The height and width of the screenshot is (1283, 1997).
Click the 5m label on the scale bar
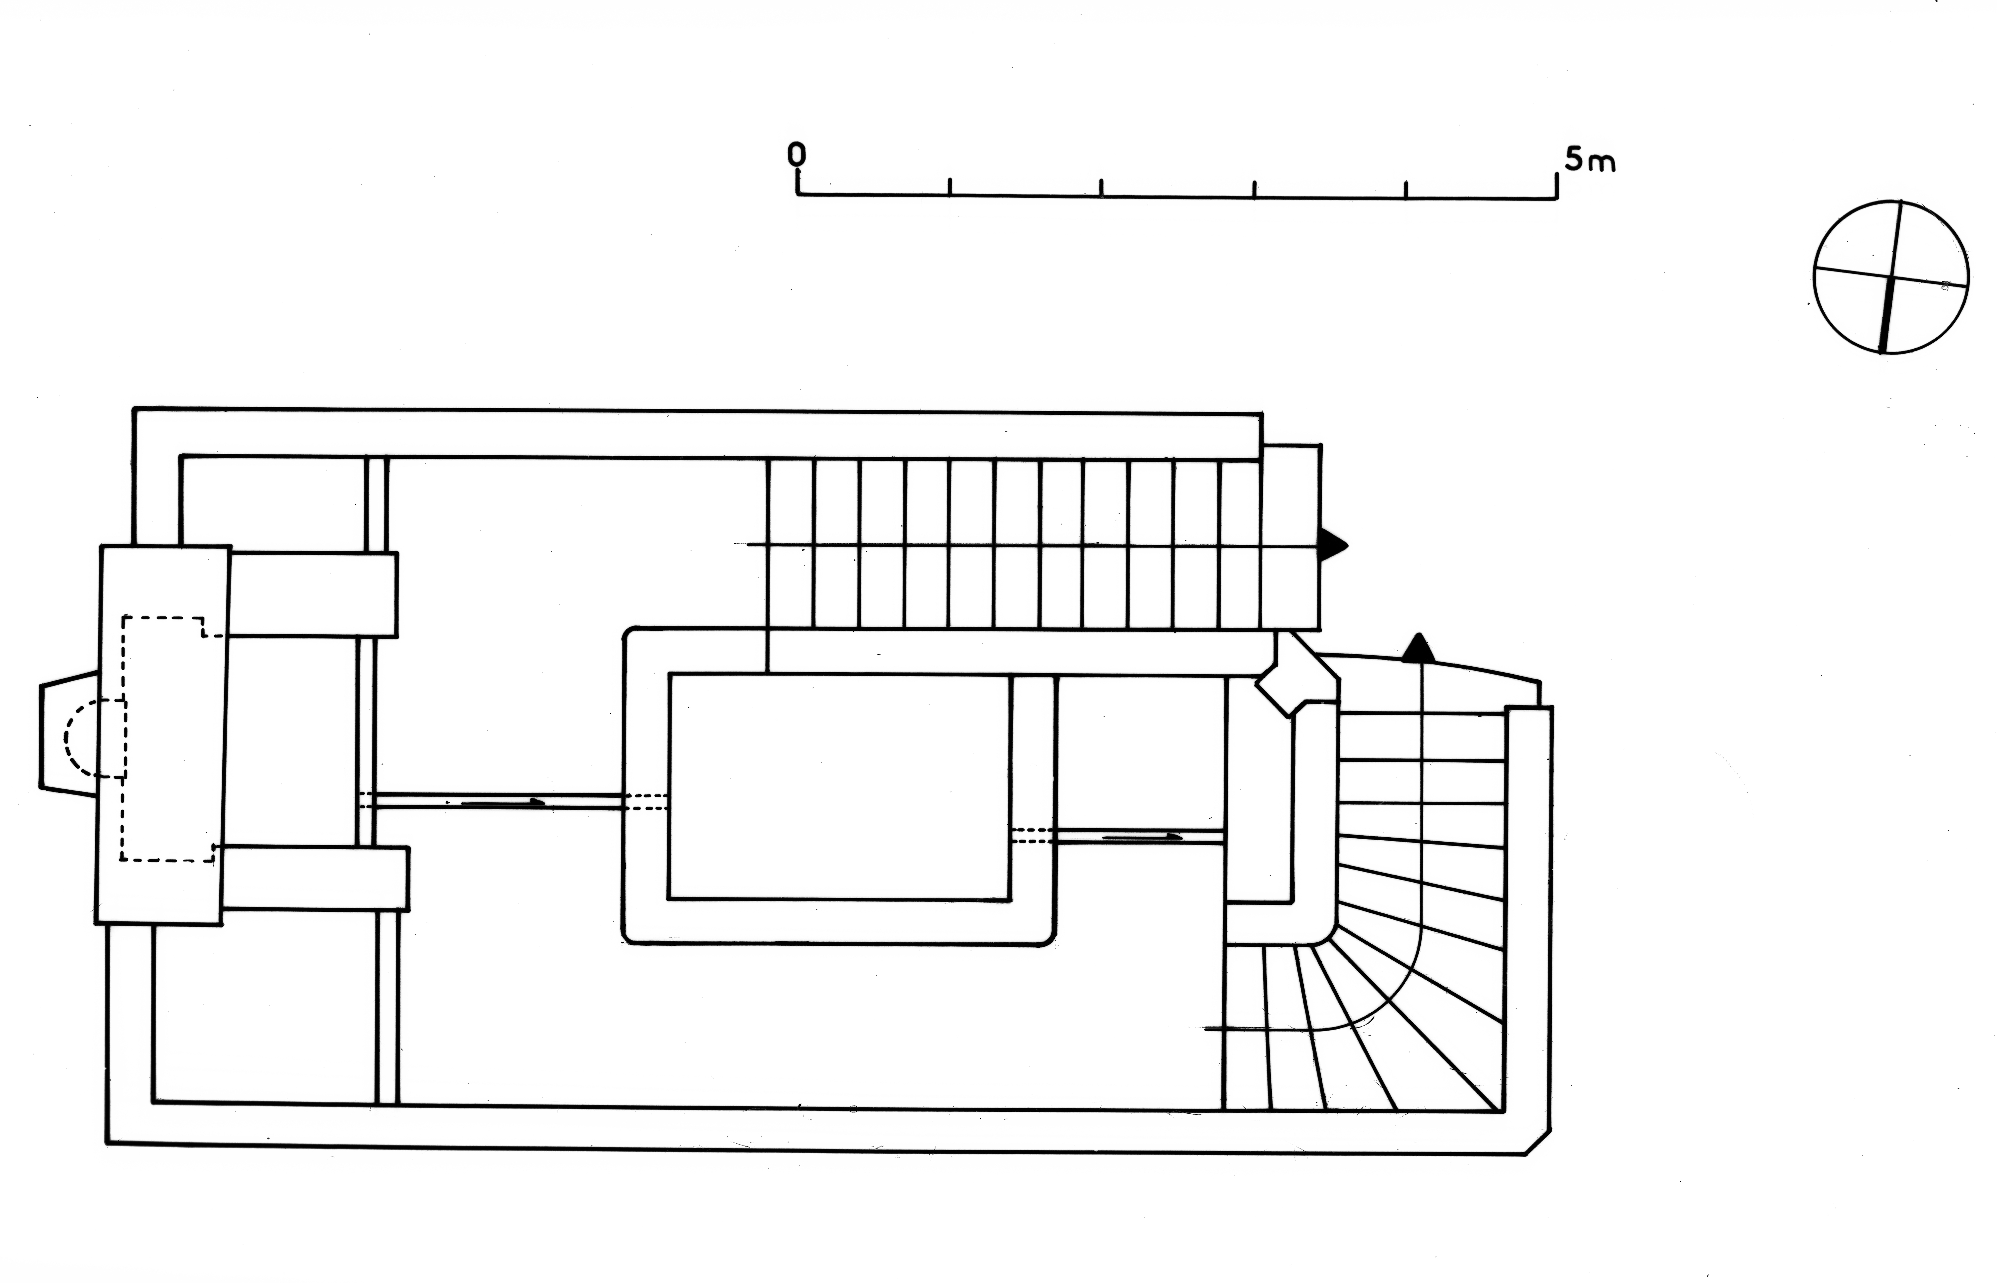1589,160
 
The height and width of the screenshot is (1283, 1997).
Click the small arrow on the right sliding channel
1142,836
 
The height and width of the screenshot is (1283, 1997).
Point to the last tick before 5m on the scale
1406,190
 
